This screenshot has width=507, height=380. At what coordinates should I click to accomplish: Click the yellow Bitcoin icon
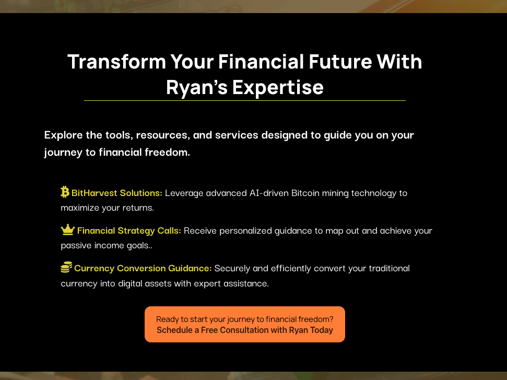(65, 192)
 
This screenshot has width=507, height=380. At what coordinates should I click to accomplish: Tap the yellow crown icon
(68, 229)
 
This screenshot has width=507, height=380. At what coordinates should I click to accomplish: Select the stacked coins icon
(66, 268)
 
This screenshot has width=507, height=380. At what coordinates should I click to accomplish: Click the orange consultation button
(245, 324)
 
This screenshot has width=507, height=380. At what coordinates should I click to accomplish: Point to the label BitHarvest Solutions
(117, 193)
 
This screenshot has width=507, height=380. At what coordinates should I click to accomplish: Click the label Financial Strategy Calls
(129, 231)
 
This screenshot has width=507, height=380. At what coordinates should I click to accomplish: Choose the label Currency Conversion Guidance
(143, 268)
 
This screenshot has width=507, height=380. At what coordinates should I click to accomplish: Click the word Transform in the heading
(117, 62)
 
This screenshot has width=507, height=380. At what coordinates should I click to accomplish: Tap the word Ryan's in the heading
(197, 87)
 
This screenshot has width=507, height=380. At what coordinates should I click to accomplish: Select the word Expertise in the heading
(278, 87)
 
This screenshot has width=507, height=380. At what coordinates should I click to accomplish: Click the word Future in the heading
(340, 62)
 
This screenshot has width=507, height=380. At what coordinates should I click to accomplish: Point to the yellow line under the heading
(245, 101)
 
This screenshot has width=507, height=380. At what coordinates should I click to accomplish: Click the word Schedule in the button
(174, 330)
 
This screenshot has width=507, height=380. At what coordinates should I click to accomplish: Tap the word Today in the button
(322, 330)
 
